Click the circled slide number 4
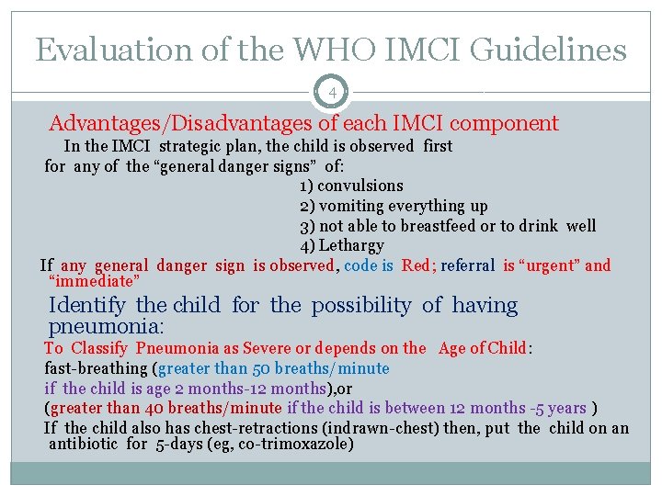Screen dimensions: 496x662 tap(331, 91)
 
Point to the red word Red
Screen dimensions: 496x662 tap(415, 265)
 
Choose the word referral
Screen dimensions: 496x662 tap(468, 265)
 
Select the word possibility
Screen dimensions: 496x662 tap(361, 305)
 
